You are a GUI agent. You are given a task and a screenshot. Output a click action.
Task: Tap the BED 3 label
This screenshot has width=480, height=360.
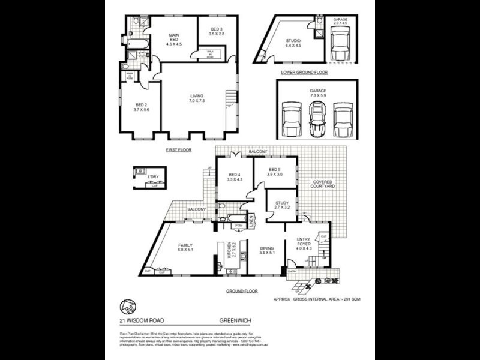[217, 32]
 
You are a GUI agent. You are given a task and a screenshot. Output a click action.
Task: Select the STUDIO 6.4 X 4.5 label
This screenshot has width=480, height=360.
[292, 43]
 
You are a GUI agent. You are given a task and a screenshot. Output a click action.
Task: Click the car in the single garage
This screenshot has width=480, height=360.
[340, 43]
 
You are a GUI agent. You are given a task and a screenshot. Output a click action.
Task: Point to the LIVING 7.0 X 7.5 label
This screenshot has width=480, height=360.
[197, 98]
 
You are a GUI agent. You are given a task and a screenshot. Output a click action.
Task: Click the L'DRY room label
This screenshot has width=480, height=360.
[153, 178]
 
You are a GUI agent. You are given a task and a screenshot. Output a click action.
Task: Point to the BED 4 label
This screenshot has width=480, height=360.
[234, 177]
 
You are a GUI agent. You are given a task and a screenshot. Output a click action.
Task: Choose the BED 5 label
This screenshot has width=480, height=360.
[275, 172]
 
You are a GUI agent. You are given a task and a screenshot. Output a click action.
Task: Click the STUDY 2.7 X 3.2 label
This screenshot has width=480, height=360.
[282, 205]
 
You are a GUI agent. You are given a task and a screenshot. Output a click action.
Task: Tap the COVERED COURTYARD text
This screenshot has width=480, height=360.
[323, 184]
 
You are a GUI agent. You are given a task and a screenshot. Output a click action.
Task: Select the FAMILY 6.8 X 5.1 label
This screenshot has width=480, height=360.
[185, 248]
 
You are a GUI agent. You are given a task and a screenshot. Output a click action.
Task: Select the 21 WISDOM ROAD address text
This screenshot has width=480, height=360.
[142, 321]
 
